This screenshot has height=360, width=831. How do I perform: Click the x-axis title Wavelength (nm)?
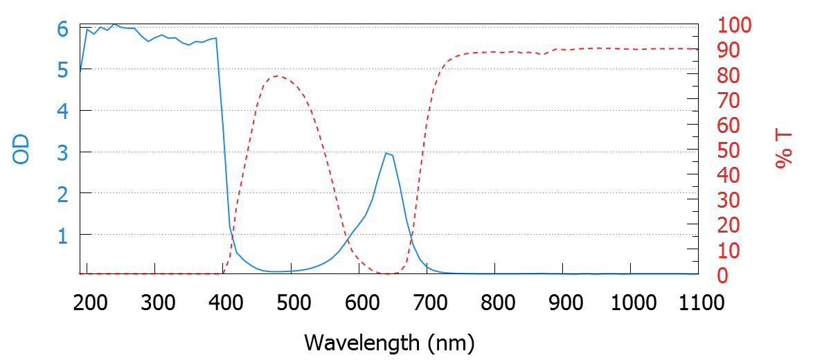coord(389,342)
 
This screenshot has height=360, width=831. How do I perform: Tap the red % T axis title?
coord(784,150)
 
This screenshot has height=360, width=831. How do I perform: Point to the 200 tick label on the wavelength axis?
coord(87,303)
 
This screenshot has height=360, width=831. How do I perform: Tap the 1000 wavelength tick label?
coord(631,303)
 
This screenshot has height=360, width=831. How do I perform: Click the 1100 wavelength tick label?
coord(699,303)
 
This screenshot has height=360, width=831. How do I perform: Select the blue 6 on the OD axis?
coord(63,29)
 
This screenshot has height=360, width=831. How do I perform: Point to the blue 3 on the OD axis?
coord(63,152)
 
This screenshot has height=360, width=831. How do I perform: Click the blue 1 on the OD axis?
coord(63,235)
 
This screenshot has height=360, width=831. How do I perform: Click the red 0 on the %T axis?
coord(722,276)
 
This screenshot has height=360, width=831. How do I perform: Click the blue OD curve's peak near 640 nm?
coord(386,153)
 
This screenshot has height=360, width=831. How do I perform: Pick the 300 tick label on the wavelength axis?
coord(156,303)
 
